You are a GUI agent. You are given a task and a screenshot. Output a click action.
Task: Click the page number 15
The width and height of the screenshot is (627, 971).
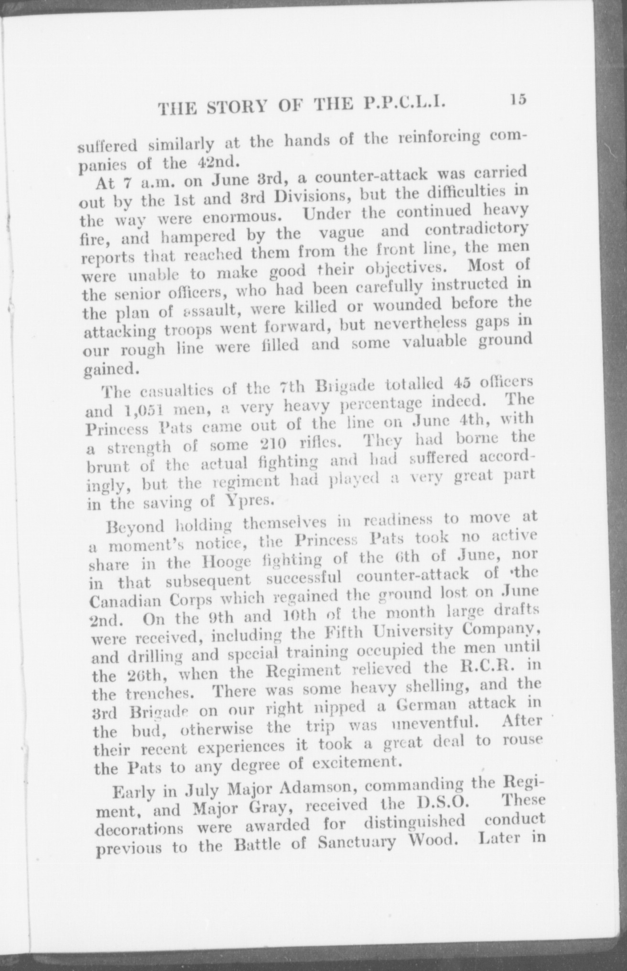[517, 100]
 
